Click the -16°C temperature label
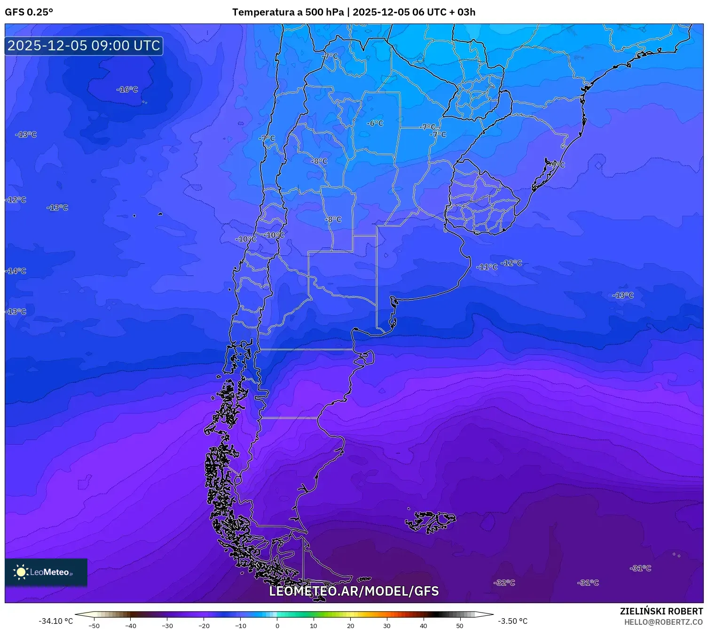(x=127, y=89)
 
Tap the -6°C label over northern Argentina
(x=375, y=123)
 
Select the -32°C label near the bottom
(x=504, y=582)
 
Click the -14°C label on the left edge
(x=16, y=271)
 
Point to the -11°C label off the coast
(x=487, y=267)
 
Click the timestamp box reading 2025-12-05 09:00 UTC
(x=84, y=46)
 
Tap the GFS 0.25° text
(x=29, y=12)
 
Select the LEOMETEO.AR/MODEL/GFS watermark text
(x=354, y=591)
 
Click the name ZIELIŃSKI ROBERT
(x=661, y=611)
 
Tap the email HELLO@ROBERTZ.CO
(x=663, y=622)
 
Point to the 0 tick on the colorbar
(x=277, y=625)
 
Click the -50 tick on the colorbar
(x=94, y=625)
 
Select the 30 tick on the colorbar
(x=386, y=625)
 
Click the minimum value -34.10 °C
(x=55, y=621)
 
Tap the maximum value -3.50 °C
(x=512, y=621)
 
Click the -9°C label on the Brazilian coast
(x=557, y=165)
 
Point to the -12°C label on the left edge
(x=16, y=200)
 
